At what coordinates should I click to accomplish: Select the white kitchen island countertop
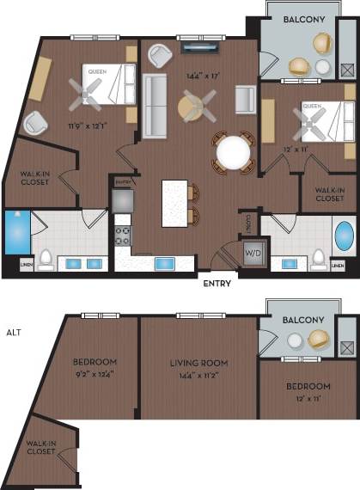(174, 203)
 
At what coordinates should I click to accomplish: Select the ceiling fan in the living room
(197, 107)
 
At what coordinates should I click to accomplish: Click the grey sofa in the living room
(155, 106)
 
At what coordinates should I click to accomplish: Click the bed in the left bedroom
(105, 84)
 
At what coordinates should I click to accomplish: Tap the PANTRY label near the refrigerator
(122, 182)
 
